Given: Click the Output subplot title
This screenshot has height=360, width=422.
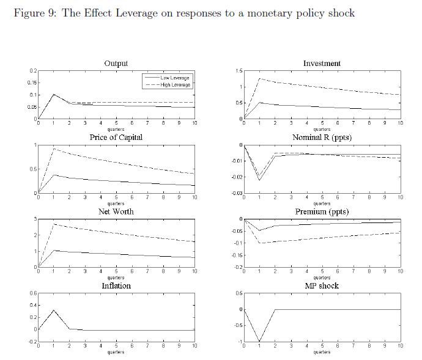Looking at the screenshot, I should [x=116, y=64].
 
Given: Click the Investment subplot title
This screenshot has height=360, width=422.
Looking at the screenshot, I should [x=322, y=64].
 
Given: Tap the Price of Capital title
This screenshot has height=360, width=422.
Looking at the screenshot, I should [x=116, y=138].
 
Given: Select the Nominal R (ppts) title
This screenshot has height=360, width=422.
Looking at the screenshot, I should [x=322, y=138].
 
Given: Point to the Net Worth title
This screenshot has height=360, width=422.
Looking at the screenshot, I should [x=116, y=211].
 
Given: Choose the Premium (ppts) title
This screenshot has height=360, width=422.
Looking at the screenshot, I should [x=322, y=211].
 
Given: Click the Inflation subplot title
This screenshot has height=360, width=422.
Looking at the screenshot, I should [x=116, y=285].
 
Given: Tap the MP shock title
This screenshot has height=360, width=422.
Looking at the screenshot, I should [x=322, y=285].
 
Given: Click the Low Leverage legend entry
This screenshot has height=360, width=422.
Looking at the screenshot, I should [x=174, y=78].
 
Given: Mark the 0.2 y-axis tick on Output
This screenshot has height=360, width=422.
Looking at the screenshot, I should [x=33, y=71].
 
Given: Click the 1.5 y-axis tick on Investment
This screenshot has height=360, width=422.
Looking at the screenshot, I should [x=239, y=71].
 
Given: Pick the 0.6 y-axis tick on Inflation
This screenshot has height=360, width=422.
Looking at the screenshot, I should [x=33, y=293].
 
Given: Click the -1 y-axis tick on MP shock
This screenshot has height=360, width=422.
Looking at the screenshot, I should [x=240, y=342].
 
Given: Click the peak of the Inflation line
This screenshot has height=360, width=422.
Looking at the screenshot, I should [x=54, y=310].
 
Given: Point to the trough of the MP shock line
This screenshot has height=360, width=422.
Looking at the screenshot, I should [x=260, y=341].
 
